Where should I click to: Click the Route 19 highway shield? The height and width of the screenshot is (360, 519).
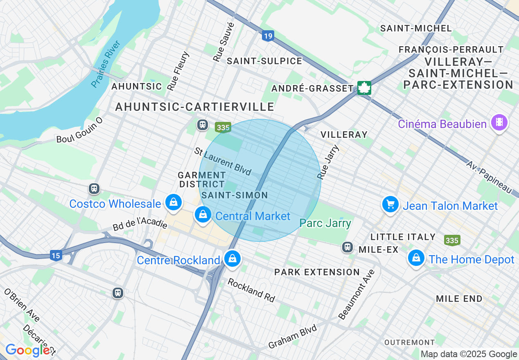click(x=268, y=36)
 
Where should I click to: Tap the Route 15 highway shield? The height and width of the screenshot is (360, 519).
click(x=56, y=256)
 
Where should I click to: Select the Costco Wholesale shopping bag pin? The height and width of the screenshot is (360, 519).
click(x=174, y=202)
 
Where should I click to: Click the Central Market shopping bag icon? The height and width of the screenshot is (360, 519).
click(x=203, y=214)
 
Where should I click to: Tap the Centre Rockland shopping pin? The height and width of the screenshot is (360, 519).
click(x=232, y=259)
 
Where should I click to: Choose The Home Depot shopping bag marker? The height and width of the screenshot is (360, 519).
click(x=416, y=258)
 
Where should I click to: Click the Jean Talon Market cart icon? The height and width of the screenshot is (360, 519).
click(x=390, y=204)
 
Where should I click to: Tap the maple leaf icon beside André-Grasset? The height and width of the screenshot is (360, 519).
click(x=364, y=88)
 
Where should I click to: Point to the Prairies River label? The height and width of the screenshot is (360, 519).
click(x=106, y=63)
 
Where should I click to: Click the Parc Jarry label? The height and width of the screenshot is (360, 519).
click(x=325, y=223)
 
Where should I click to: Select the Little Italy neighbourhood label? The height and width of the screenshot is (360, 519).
click(x=403, y=237)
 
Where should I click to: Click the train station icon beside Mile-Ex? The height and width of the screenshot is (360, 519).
click(x=348, y=247)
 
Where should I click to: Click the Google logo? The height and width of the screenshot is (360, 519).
click(x=27, y=350)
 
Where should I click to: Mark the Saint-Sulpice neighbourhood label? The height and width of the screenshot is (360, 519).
click(x=264, y=61)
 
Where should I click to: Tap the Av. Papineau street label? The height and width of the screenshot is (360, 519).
click(x=489, y=177)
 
